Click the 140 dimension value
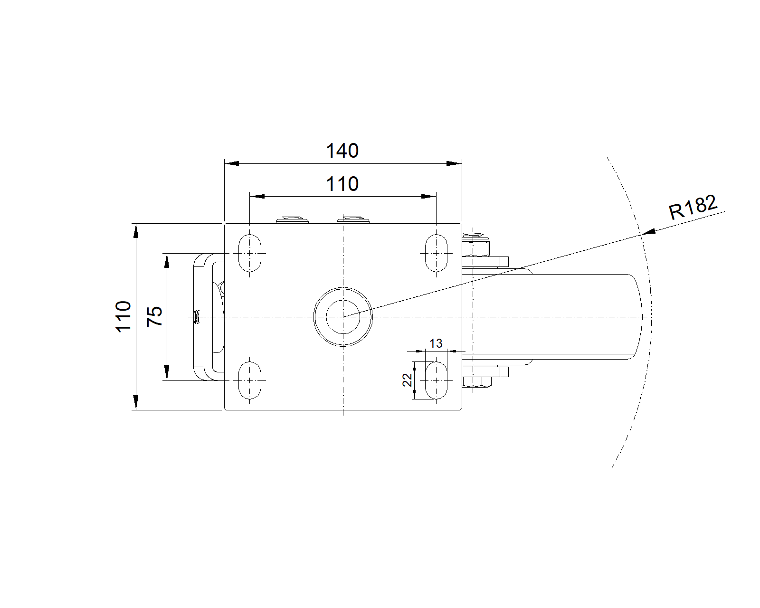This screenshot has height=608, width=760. (342, 151)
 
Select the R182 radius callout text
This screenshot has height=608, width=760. (693, 208)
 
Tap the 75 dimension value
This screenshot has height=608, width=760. (155, 316)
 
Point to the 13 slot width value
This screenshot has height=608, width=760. (436, 343)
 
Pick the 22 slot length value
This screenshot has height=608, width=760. (407, 380)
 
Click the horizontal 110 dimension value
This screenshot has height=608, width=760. (342, 184)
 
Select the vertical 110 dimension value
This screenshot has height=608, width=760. (123, 316)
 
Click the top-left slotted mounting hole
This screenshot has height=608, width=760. (250, 253)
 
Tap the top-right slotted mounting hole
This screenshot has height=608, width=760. (436, 253)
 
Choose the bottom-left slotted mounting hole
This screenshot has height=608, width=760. (250, 380)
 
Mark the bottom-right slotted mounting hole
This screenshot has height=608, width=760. (436, 380)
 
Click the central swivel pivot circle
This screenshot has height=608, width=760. (343, 317)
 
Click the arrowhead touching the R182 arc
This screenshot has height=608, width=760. (648, 232)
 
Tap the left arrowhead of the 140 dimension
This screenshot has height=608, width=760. (232, 163)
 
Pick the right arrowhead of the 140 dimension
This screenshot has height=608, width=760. (455, 163)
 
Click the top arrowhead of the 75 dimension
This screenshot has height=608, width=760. (167, 261)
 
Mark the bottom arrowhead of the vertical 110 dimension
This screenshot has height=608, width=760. (136, 402)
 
